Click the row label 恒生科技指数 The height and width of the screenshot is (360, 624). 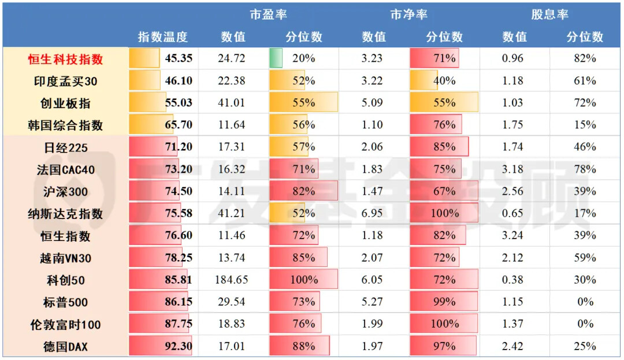coord(65,59)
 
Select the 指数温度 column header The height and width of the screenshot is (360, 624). coord(162,37)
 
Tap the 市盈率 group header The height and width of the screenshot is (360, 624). coord(268,14)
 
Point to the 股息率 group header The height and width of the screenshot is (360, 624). coord(549,14)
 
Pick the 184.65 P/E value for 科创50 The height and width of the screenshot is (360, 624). coord(232,280)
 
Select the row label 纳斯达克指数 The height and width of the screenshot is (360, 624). coord(65,214)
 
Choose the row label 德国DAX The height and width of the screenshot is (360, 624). coord(65,347)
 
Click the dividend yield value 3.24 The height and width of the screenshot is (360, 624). coord(513,236)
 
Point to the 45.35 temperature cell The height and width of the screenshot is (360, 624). coord(179,58)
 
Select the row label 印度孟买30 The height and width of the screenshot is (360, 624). coord(65,81)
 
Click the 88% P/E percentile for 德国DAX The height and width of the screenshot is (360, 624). coord(303,347)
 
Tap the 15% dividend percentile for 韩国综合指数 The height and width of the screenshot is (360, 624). coord(585,125)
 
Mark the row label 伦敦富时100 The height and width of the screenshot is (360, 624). coord(65,325)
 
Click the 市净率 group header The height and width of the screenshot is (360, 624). coord(408,14)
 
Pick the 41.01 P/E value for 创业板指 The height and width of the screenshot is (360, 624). coord(232,103)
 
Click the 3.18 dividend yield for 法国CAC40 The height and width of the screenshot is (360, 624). coord(513,169)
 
